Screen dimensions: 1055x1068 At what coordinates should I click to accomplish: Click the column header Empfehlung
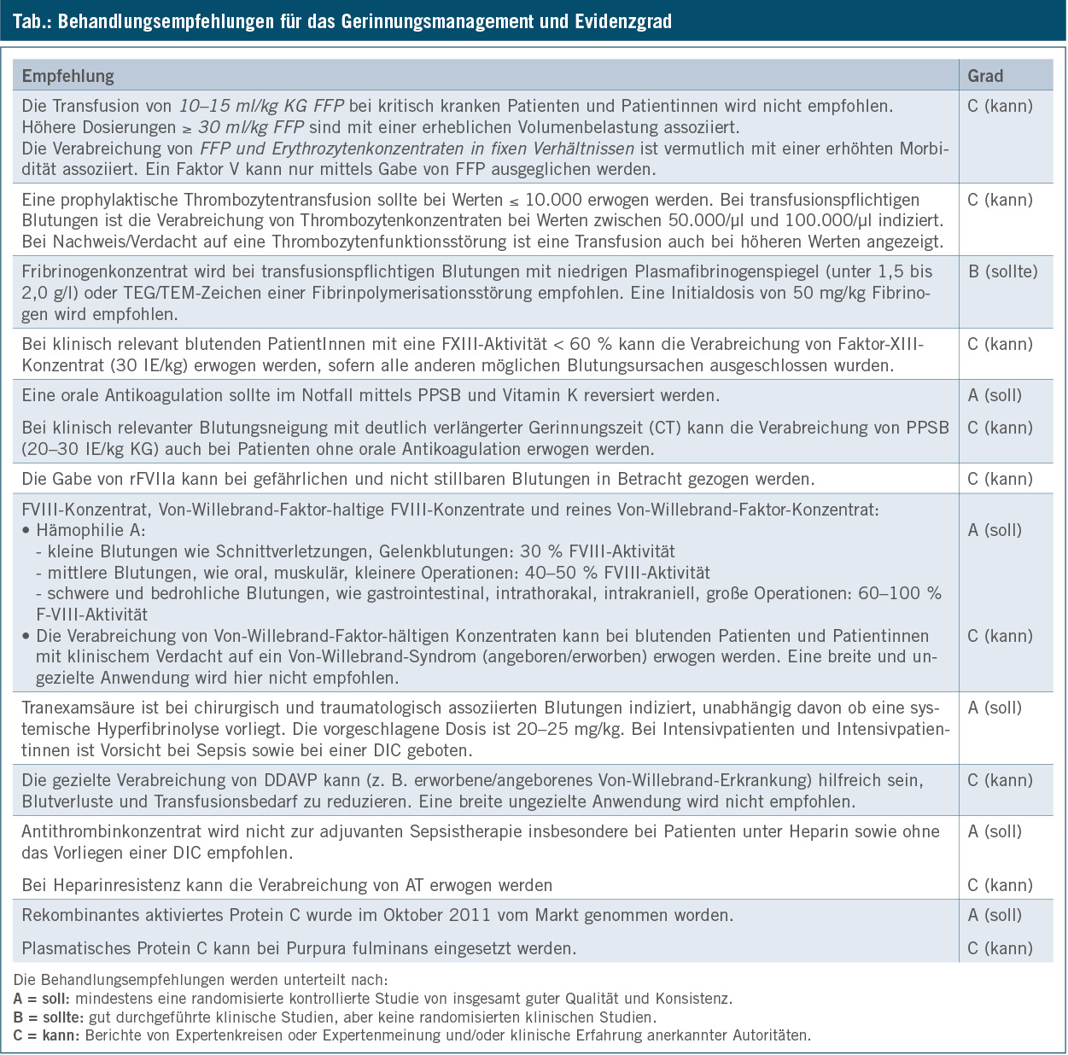click(x=67, y=76)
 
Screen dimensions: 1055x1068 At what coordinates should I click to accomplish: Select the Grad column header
click(x=985, y=76)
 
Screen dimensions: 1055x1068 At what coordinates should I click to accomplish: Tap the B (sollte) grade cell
click(x=1002, y=272)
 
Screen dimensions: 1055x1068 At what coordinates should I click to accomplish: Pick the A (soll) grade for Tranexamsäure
click(x=995, y=708)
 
